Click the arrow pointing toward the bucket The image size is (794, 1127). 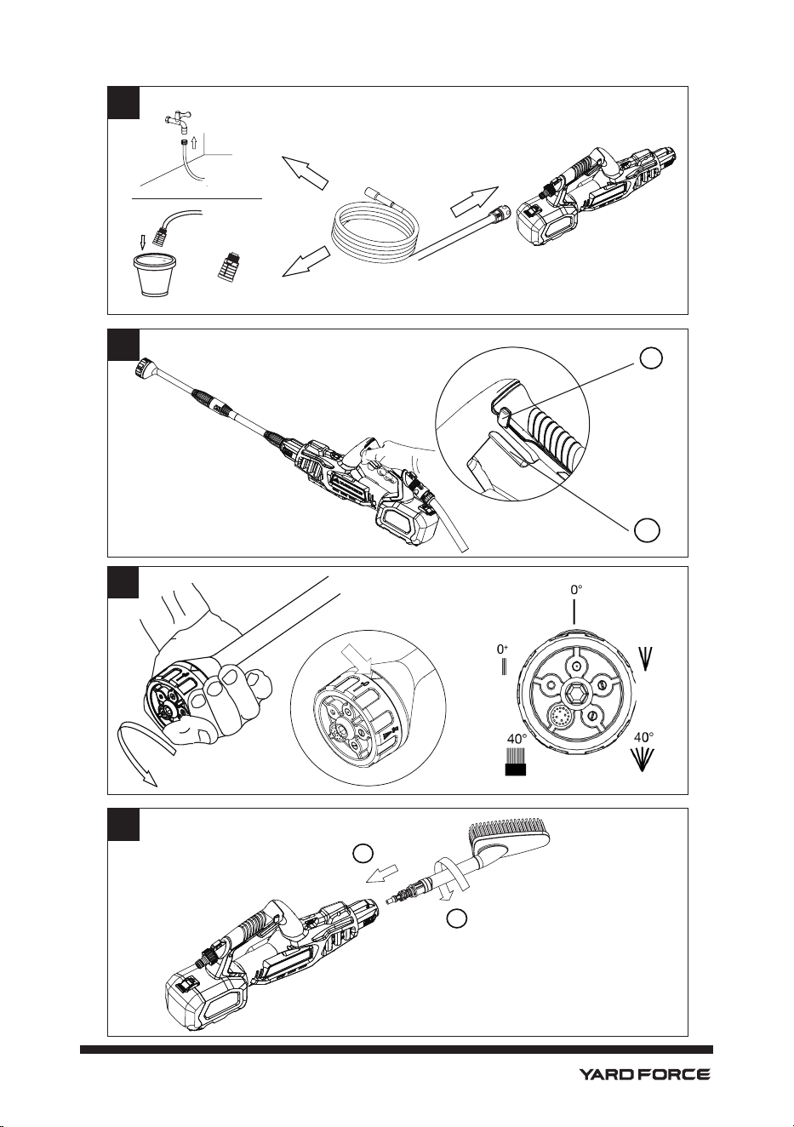(x=306, y=260)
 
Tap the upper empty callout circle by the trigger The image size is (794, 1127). (x=651, y=358)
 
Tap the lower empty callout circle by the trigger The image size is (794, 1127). (x=647, y=529)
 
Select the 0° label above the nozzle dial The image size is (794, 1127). (x=577, y=590)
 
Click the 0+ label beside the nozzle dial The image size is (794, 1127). (x=502, y=649)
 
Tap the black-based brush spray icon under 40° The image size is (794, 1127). (x=515, y=765)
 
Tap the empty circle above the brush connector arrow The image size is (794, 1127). (x=362, y=853)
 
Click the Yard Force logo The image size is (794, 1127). (x=644, y=1071)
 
